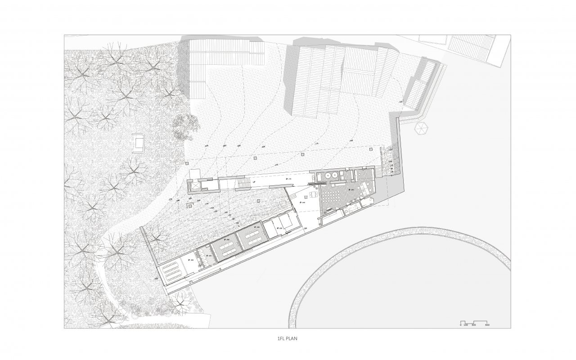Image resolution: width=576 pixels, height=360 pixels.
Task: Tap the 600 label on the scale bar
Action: click(x=487, y=325)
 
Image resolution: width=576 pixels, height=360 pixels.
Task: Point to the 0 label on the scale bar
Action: click(x=460, y=325)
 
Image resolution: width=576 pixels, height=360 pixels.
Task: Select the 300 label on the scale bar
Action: click(x=473, y=325)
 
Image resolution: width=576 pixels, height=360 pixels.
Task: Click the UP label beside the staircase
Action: click(x=254, y=181)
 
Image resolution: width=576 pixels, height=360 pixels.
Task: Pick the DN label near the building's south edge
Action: click(x=305, y=229)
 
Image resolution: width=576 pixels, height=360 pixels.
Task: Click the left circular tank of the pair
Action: click(x=328, y=175)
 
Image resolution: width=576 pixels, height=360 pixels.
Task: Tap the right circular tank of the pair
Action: click(x=336, y=175)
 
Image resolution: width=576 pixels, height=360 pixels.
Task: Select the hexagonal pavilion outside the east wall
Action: click(x=422, y=128)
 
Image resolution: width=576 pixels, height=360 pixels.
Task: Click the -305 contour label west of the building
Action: click(x=156, y=279)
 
